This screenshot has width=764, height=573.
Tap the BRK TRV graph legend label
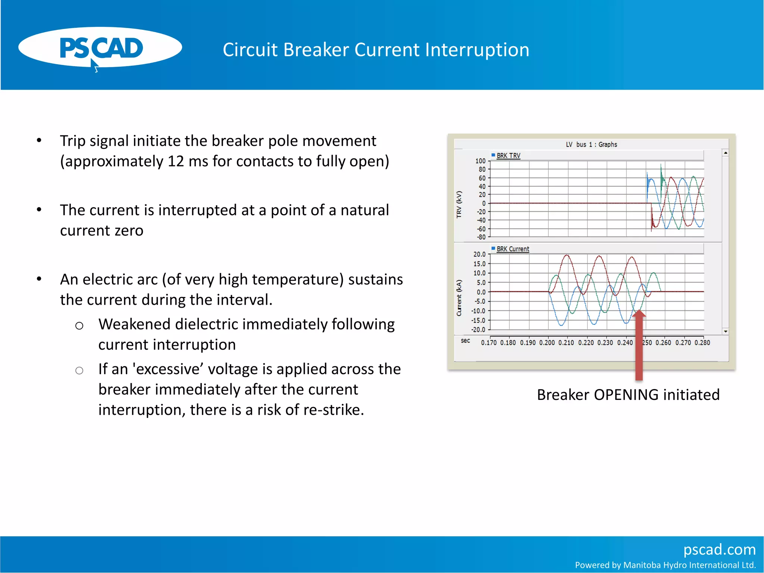pos(508,156)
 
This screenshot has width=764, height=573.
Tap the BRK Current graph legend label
pos(513,249)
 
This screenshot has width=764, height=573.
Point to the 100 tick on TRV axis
pos(480,161)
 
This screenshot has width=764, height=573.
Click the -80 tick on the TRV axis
pos(481,237)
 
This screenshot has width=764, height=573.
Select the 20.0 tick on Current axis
pos(479,254)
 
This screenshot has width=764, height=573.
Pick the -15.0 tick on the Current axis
pos(478,320)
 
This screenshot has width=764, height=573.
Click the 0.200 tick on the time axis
pos(547,342)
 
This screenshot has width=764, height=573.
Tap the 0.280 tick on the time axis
pos(702,342)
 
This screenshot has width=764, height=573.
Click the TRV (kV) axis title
pos(459,204)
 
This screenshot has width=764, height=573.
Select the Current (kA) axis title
pos(459,298)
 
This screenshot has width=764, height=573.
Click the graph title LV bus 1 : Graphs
pos(591,144)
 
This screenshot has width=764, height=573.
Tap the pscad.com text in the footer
pos(719,549)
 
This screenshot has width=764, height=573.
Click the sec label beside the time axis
pos(465,341)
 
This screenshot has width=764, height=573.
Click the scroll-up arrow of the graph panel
pos(725,153)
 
